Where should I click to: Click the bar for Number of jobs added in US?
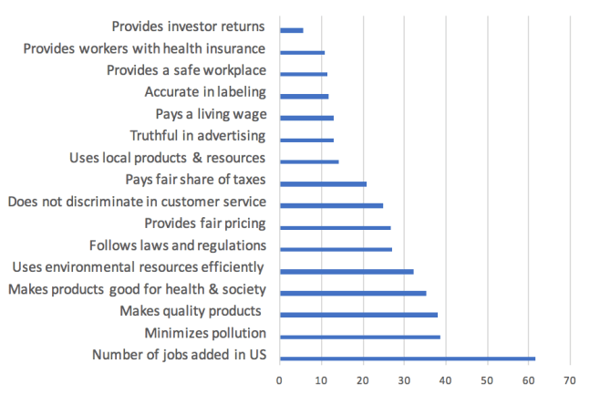click(408, 359)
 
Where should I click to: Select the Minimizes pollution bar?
click(360, 337)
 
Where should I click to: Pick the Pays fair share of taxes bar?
click(324, 183)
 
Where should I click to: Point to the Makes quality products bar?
click(358, 315)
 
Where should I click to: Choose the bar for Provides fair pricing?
click(336, 227)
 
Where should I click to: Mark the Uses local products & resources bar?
click(309, 161)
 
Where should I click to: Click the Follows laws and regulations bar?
click(336, 249)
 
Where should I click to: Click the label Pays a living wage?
click(212, 114)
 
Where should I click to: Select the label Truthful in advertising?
click(198, 136)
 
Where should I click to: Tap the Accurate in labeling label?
click(205, 91)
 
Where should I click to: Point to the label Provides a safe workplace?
click(186, 69)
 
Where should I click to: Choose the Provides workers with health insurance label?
click(144, 47)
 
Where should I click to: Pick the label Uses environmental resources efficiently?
click(138, 267)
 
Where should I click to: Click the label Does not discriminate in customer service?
click(137, 201)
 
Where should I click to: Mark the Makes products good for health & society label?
click(137, 289)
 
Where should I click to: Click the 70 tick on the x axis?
click(571, 379)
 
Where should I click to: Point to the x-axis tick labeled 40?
click(446, 379)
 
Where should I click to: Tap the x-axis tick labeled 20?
click(363, 379)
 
